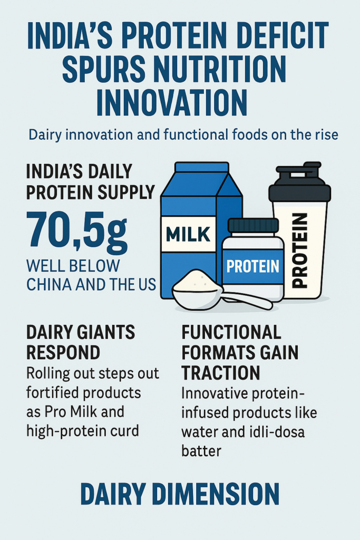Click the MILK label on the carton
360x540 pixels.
(x=188, y=234)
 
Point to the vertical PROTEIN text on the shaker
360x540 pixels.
(x=299, y=250)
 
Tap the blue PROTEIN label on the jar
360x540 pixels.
(x=253, y=266)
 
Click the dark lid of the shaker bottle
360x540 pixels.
(x=299, y=182)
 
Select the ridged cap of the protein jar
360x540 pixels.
(x=253, y=226)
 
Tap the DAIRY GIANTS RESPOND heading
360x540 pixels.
(x=81, y=342)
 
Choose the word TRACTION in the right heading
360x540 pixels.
(x=221, y=373)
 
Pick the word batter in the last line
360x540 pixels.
(x=201, y=451)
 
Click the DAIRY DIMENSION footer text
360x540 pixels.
(x=180, y=494)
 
